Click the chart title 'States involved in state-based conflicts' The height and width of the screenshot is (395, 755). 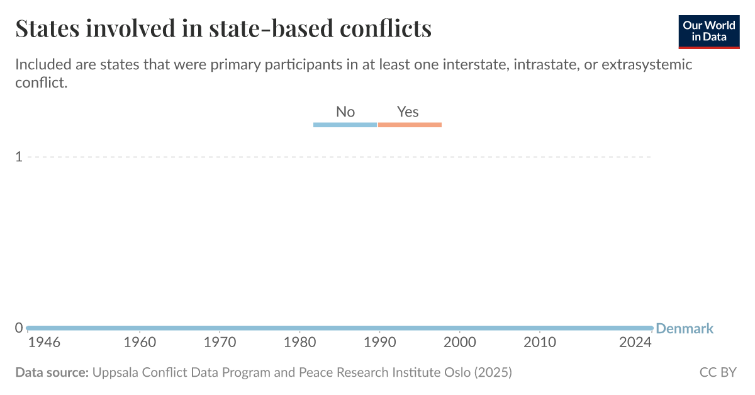pos(223,29)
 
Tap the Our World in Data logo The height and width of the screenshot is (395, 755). pos(708,31)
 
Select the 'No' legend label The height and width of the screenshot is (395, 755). pos(345,112)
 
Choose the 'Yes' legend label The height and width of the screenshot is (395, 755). pos(408,112)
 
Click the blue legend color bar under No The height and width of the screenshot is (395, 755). pos(345,125)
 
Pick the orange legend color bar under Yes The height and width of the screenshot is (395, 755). pos(410,125)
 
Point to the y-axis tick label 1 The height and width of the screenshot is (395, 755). pos(19,156)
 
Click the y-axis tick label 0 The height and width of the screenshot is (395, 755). pos(19,328)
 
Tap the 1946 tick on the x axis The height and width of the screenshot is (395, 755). pos(44,343)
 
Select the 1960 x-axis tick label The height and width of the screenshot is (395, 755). pos(140,343)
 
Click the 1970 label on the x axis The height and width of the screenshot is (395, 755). pos(220,343)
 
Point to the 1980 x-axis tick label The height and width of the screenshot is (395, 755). pos(300,343)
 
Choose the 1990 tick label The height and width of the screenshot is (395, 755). pos(380,343)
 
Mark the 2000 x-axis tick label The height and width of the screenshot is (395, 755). pos(460,343)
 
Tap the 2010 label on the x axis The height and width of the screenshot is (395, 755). pos(540,343)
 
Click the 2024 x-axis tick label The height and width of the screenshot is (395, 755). pos(635,343)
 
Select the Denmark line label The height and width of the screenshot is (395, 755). pos(685,328)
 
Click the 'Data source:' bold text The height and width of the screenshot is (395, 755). pos(52,372)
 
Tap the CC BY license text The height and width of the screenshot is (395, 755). pos(718,372)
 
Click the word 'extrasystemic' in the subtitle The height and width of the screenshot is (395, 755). pos(647,64)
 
